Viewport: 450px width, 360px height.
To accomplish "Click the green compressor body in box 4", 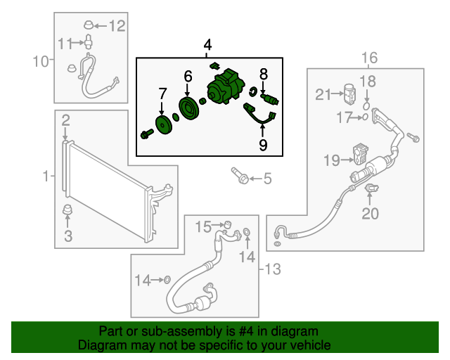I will [226, 91].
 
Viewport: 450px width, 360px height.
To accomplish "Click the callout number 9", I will [263, 145].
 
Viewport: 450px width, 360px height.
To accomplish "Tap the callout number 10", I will [41, 62].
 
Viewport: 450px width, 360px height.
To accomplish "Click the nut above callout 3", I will [68, 211].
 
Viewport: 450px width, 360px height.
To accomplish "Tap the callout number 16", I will [369, 57].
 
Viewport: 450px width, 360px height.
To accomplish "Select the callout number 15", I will [203, 226].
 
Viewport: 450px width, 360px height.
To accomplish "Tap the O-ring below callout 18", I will [366, 105].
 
